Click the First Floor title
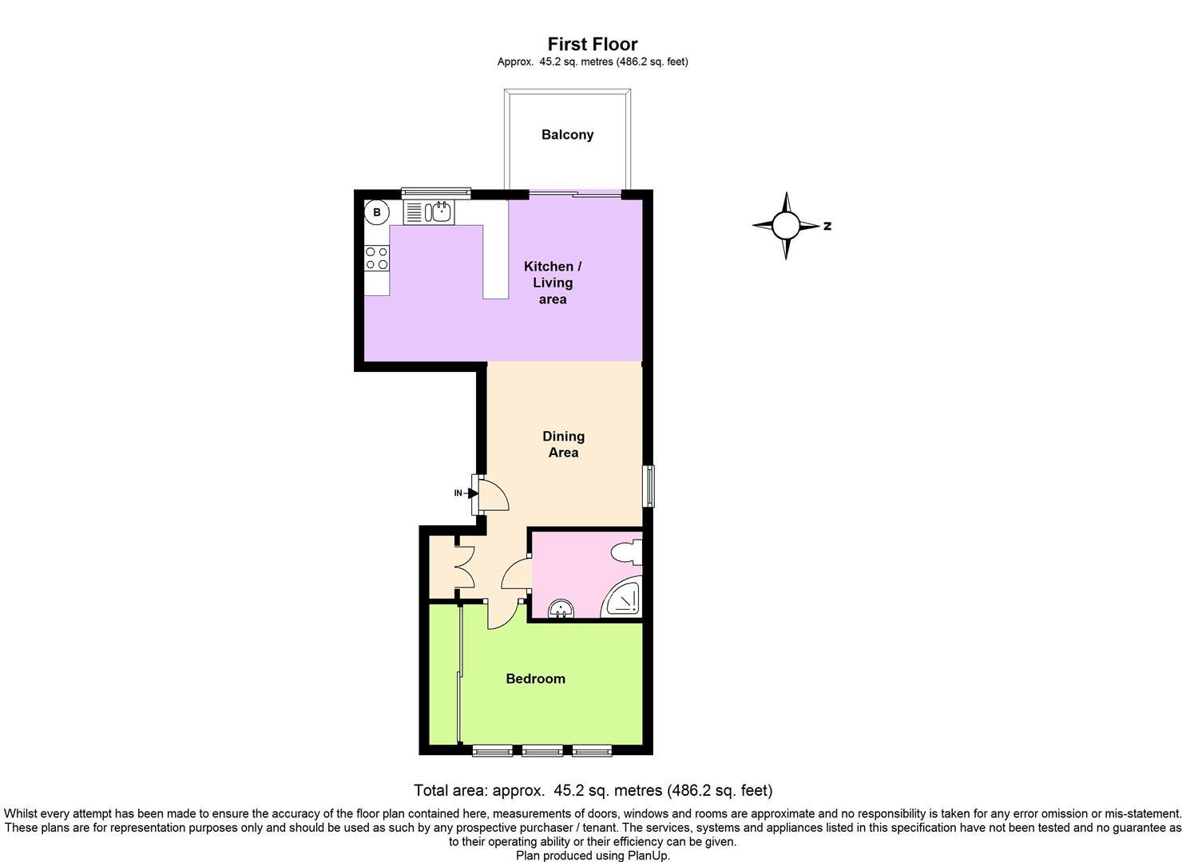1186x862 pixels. pos(593,43)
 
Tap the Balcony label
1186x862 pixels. pos(567,134)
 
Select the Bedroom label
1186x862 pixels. pos(535,678)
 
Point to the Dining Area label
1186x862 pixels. pos(563,444)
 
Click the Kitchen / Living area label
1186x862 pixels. pos(552,283)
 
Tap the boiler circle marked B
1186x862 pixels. pos(377,213)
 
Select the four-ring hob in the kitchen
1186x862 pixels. pos(377,259)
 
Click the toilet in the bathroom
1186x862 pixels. pos(628,552)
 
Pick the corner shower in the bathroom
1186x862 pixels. pos(624,598)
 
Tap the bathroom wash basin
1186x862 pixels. pos(561,608)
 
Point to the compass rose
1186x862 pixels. pos(786,226)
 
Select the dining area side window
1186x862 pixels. pos(649,486)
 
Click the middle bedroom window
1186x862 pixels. pos(542,750)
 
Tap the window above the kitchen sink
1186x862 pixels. pos(436,192)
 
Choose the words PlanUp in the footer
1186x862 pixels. pos(649,855)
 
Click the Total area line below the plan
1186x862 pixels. pos(593,790)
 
